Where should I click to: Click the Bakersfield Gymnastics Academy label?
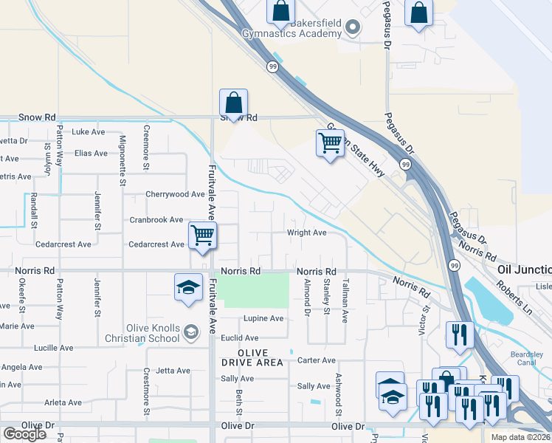click(293, 28)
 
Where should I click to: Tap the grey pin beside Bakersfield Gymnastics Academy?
click(353, 28)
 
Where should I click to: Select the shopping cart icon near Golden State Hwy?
click(330, 143)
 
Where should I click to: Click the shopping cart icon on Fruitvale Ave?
click(202, 236)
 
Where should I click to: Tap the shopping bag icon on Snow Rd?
click(233, 103)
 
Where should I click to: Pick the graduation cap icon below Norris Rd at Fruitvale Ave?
click(188, 286)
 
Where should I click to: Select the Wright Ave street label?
click(307, 233)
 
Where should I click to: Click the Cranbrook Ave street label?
click(156, 220)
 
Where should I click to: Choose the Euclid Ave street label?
click(238, 338)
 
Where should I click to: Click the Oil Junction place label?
click(525, 271)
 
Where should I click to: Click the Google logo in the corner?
click(24, 434)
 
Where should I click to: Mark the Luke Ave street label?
click(89, 132)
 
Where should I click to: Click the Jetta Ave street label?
click(173, 371)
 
